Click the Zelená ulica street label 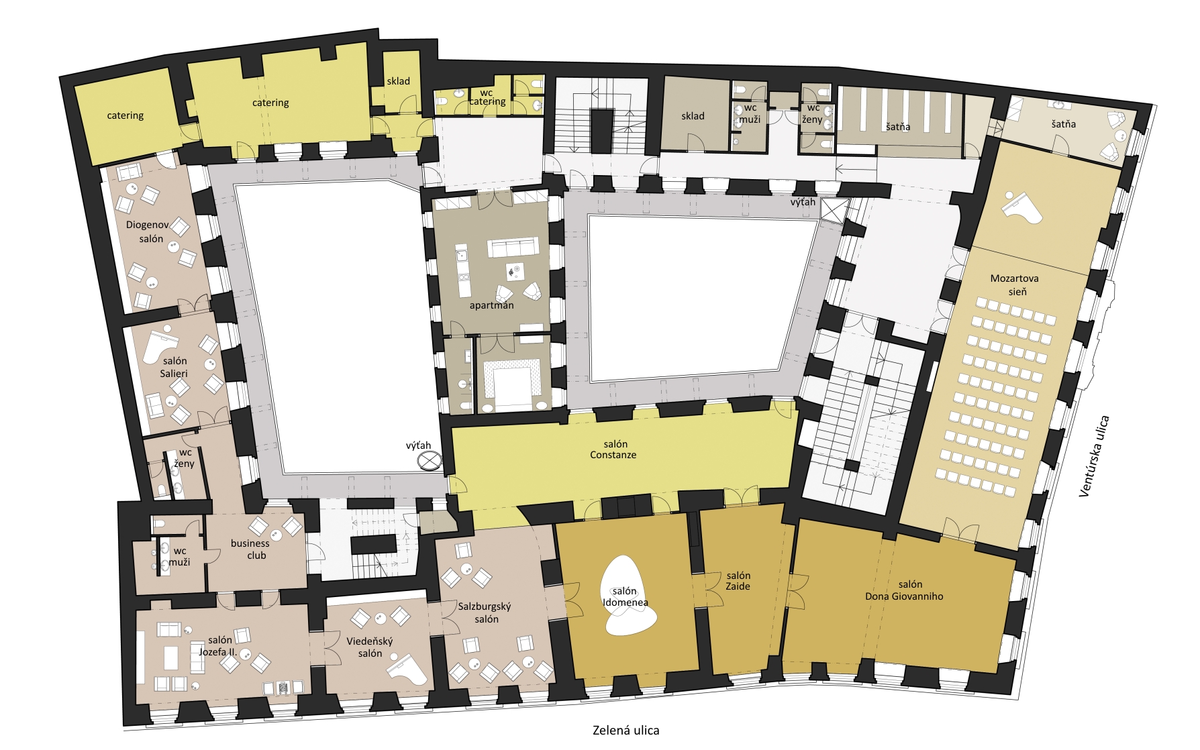click(626, 730)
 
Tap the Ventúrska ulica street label click(1094, 457)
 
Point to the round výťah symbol click(429, 461)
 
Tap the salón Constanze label click(614, 449)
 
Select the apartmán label click(491, 305)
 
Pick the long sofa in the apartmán click(513, 247)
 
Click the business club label click(250, 549)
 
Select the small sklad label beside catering click(398, 81)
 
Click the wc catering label click(487, 97)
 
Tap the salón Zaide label click(738, 581)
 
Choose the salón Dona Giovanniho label click(904, 590)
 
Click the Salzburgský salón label click(485, 612)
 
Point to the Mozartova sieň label click(1014, 285)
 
